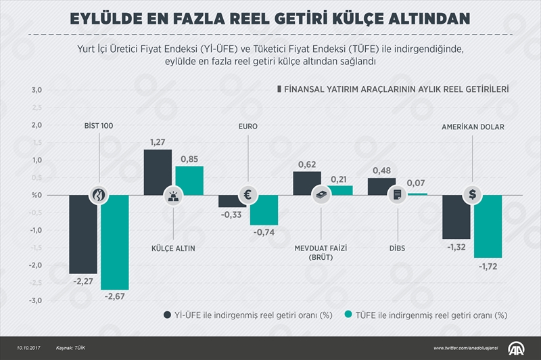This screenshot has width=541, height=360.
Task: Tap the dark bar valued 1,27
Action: [158, 172]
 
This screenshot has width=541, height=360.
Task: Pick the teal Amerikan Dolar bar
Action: [488, 226]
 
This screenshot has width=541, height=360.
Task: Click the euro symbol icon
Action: [248, 195]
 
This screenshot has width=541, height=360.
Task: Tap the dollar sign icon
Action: [472, 195]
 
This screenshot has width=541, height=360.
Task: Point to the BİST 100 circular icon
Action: [99, 195]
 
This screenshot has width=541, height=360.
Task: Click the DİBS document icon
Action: [397, 195]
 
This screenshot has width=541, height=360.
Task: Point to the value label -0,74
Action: [264, 233]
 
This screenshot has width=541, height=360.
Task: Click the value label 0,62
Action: [306, 164]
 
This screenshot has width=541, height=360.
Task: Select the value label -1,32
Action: [456, 247]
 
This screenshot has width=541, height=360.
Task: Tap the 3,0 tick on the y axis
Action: [36, 90]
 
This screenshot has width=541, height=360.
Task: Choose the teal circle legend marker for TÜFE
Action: [349, 314]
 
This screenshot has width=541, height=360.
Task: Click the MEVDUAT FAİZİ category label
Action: [322, 248]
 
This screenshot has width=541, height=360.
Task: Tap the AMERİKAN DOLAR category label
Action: [473, 127]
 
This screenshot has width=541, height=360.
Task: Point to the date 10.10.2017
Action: [22, 347]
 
